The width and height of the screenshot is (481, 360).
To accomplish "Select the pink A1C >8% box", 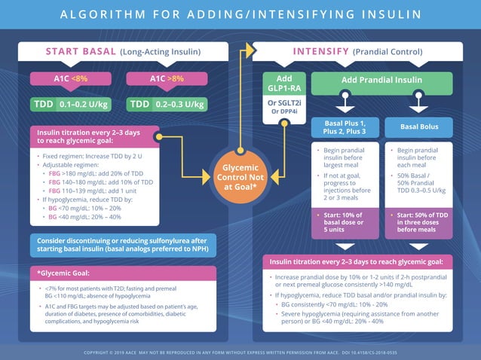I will coord(166,78).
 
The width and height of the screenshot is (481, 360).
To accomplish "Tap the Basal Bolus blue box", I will coord(420,127).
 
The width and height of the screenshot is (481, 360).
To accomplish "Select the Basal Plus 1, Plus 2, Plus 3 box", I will coord(345,127).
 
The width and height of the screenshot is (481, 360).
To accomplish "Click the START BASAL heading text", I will coord(81,52).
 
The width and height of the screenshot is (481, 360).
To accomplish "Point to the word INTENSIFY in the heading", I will coord(320,52).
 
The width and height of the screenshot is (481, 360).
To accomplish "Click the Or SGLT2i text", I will coord(284,102).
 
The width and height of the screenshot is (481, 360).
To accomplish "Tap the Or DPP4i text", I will coord(284,112).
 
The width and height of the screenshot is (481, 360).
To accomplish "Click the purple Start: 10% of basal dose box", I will coord(345,223).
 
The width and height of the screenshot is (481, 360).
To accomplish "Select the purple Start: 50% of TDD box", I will coord(420,223).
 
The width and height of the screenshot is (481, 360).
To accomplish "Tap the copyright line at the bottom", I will coord(240,351).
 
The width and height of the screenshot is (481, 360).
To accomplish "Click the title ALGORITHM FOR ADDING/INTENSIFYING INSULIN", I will coord(240,15).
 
